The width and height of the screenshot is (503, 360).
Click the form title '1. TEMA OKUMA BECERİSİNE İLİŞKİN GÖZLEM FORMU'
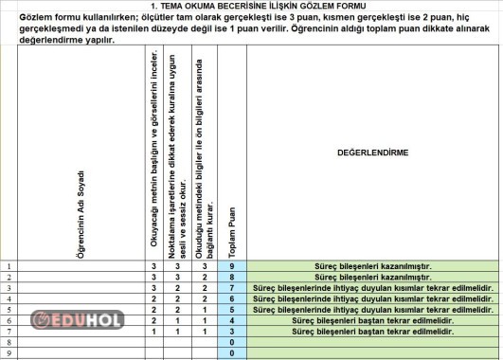(250, 6)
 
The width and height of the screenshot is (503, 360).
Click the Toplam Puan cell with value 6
(232, 298)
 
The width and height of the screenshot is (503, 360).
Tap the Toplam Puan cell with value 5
(232, 309)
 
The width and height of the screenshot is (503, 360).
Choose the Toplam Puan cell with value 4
(232, 320)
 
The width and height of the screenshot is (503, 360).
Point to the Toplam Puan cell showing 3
(232, 331)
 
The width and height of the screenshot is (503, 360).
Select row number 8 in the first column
(9, 342)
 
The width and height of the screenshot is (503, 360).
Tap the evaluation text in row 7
(372, 331)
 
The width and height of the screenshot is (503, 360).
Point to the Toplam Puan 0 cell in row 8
(232, 342)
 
